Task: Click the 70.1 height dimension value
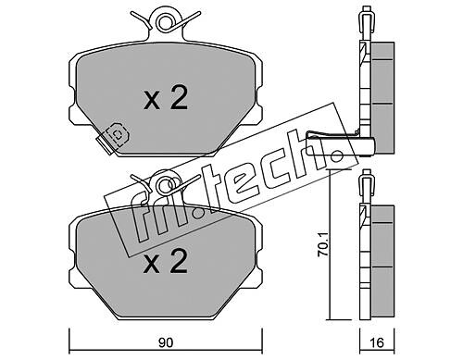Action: (x=323, y=245)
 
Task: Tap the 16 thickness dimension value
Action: (x=377, y=342)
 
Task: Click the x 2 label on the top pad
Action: (x=166, y=99)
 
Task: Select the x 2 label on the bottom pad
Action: (x=166, y=262)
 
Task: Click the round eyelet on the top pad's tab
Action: (x=165, y=21)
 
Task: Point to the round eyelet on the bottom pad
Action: (x=165, y=184)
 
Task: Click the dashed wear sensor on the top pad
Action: (x=117, y=135)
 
